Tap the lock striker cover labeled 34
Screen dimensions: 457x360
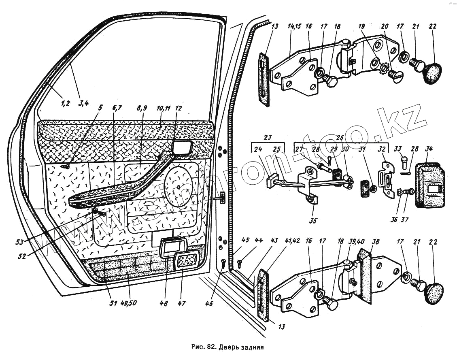(x=429, y=185)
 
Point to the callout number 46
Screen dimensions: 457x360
(x=209, y=304)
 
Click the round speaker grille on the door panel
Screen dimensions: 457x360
(x=178, y=187)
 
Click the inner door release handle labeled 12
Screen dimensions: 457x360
(x=182, y=147)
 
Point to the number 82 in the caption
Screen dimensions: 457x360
(x=211, y=347)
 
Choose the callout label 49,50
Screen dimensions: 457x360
(x=129, y=303)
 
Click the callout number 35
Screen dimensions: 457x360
(x=313, y=220)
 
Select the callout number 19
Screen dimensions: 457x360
(x=361, y=26)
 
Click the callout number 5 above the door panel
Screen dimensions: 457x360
(x=100, y=108)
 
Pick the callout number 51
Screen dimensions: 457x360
(x=113, y=303)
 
